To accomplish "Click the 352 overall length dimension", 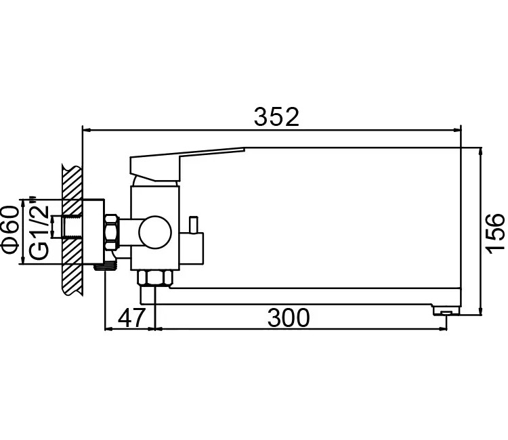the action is point(276,117).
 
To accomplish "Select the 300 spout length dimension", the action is point(289,318).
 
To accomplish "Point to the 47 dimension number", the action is point(131,318).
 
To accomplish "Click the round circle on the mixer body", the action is point(155,232).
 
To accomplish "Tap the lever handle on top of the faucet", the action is point(187,164).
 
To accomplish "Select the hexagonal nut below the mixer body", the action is point(155,278).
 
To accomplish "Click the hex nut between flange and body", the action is point(112,232).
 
